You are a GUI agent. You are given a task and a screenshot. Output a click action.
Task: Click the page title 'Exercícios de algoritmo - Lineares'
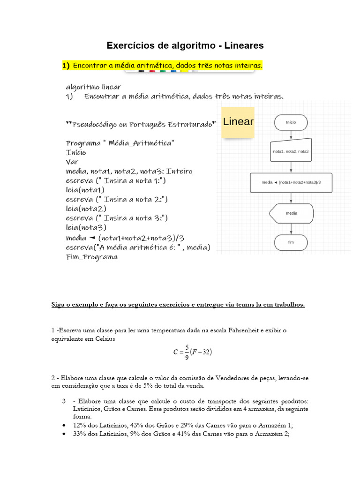click(x=185, y=45)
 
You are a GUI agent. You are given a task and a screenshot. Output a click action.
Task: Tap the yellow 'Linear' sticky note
click(x=238, y=122)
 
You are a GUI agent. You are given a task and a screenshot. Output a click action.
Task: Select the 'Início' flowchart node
click(x=291, y=122)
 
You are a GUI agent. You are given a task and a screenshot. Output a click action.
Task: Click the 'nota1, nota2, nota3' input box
click(x=291, y=151)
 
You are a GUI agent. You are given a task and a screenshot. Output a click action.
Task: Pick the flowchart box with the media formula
click(x=291, y=183)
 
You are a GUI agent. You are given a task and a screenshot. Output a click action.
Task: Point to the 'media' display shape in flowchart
click(x=291, y=213)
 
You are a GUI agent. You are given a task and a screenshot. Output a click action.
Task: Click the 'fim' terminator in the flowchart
click(x=291, y=242)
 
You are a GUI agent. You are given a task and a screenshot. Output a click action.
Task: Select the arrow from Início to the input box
click(x=291, y=134)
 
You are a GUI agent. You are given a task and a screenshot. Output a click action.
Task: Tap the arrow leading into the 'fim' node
click(x=291, y=228)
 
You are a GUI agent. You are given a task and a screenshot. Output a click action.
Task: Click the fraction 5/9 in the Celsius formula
click(x=187, y=352)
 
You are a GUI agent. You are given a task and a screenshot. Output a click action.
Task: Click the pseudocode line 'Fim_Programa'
click(x=92, y=257)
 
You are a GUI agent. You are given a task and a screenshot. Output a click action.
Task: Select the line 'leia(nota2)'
click(x=86, y=209)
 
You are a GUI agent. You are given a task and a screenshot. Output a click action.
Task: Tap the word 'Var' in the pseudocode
click(x=72, y=162)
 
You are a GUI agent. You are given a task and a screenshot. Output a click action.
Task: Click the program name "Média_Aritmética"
click(x=140, y=142)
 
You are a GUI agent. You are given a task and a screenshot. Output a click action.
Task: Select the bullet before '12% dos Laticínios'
click(x=64, y=426)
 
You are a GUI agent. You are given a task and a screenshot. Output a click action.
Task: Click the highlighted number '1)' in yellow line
click(x=66, y=66)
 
